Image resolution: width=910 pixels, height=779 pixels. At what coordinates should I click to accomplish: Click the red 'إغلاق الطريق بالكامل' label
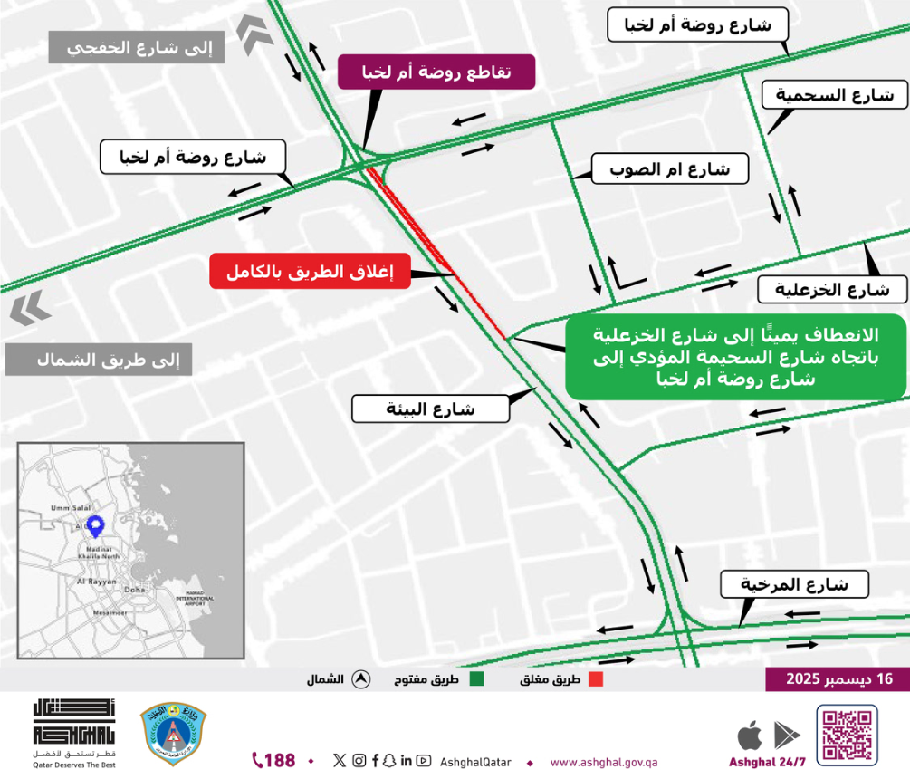point(310,271)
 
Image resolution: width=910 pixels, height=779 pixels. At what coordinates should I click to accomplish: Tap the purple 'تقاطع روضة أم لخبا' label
point(436,72)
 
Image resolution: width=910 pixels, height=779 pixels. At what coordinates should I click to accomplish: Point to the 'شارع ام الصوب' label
point(669,168)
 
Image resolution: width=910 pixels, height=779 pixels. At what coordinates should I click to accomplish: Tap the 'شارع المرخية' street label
point(795,584)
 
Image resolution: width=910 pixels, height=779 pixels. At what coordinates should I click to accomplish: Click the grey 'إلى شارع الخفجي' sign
point(136,48)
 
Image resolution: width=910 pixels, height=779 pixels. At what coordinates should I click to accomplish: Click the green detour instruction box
point(735,356)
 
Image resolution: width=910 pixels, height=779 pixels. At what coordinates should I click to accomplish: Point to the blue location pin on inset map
point(97,524)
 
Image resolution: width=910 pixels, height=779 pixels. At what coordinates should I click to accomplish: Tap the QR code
point(847,735)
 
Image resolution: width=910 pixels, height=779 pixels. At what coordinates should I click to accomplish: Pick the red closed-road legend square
point(596,679)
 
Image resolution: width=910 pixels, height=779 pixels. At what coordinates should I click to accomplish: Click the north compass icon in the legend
point(360,679)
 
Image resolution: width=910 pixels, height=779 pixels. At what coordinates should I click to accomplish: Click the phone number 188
point(273,760)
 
